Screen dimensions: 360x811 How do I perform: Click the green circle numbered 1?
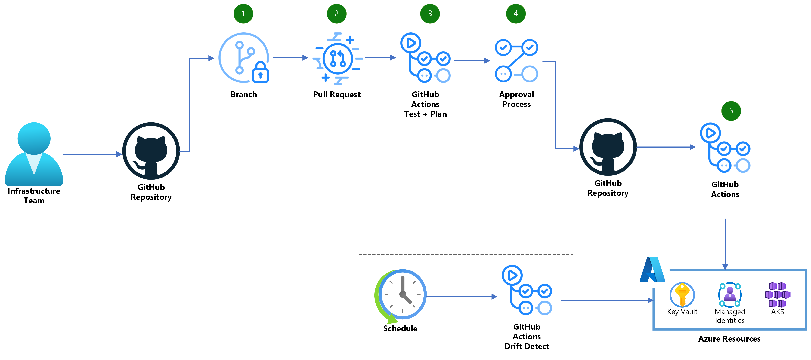243,14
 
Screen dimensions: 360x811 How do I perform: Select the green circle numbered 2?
336,14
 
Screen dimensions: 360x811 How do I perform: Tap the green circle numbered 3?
430,14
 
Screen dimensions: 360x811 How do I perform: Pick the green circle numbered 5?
731,111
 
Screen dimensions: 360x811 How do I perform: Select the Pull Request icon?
338,59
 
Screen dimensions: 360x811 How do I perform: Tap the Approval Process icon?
516,60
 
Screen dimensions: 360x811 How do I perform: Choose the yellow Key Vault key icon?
682,294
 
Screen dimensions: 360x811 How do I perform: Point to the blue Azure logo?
652,270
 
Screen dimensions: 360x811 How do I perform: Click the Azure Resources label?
729,339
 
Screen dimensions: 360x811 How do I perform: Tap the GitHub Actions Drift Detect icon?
526,290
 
